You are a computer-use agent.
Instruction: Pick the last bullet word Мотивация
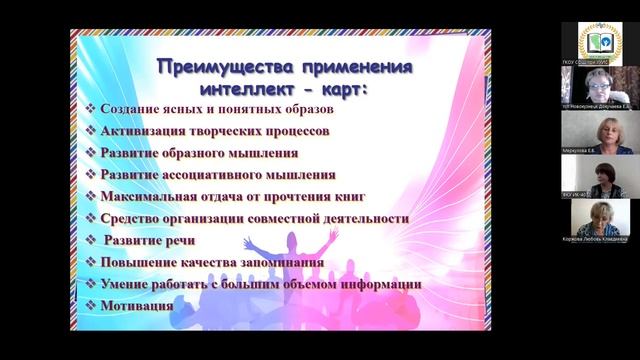tap(137, 306)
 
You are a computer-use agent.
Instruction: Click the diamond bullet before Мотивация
tap(91, 306)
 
